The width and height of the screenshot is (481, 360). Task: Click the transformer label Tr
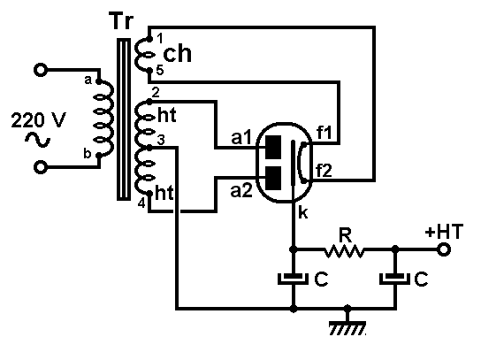click(x=122, y=21)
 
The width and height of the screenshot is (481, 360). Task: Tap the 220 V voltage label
click(x=38, y=120)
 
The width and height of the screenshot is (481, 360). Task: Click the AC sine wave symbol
click(x=37, y=140)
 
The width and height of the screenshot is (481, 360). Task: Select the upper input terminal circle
click(x=41, y=70)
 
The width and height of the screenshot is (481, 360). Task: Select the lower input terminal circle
click(x=41, y=167)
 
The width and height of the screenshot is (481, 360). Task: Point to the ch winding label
click(x=178, y=54)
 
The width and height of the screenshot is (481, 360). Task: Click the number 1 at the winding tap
click(x=160, y=39)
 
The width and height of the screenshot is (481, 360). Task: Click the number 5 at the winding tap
click(x=160, y=71)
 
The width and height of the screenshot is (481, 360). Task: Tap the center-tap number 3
click(x=161, y=140)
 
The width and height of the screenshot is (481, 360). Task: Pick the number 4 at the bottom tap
click(x=141, y=203)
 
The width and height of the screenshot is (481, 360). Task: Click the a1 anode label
click(x=241, y=137)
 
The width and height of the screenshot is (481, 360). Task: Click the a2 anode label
click(x=241, y=190)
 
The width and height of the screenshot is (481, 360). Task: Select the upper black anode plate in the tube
click(x=273, y=147)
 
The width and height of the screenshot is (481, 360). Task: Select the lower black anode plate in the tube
click(x=273, y=179)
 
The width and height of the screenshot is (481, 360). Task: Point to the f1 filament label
click(x=324, y=133)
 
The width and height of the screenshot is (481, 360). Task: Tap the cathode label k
click(x=302, y=212)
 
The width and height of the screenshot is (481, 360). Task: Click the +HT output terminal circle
click(x=443, y=249)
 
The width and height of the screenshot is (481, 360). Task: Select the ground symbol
click(x=347, y=326)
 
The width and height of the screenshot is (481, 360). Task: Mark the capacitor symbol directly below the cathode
click(x=294, y=279)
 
